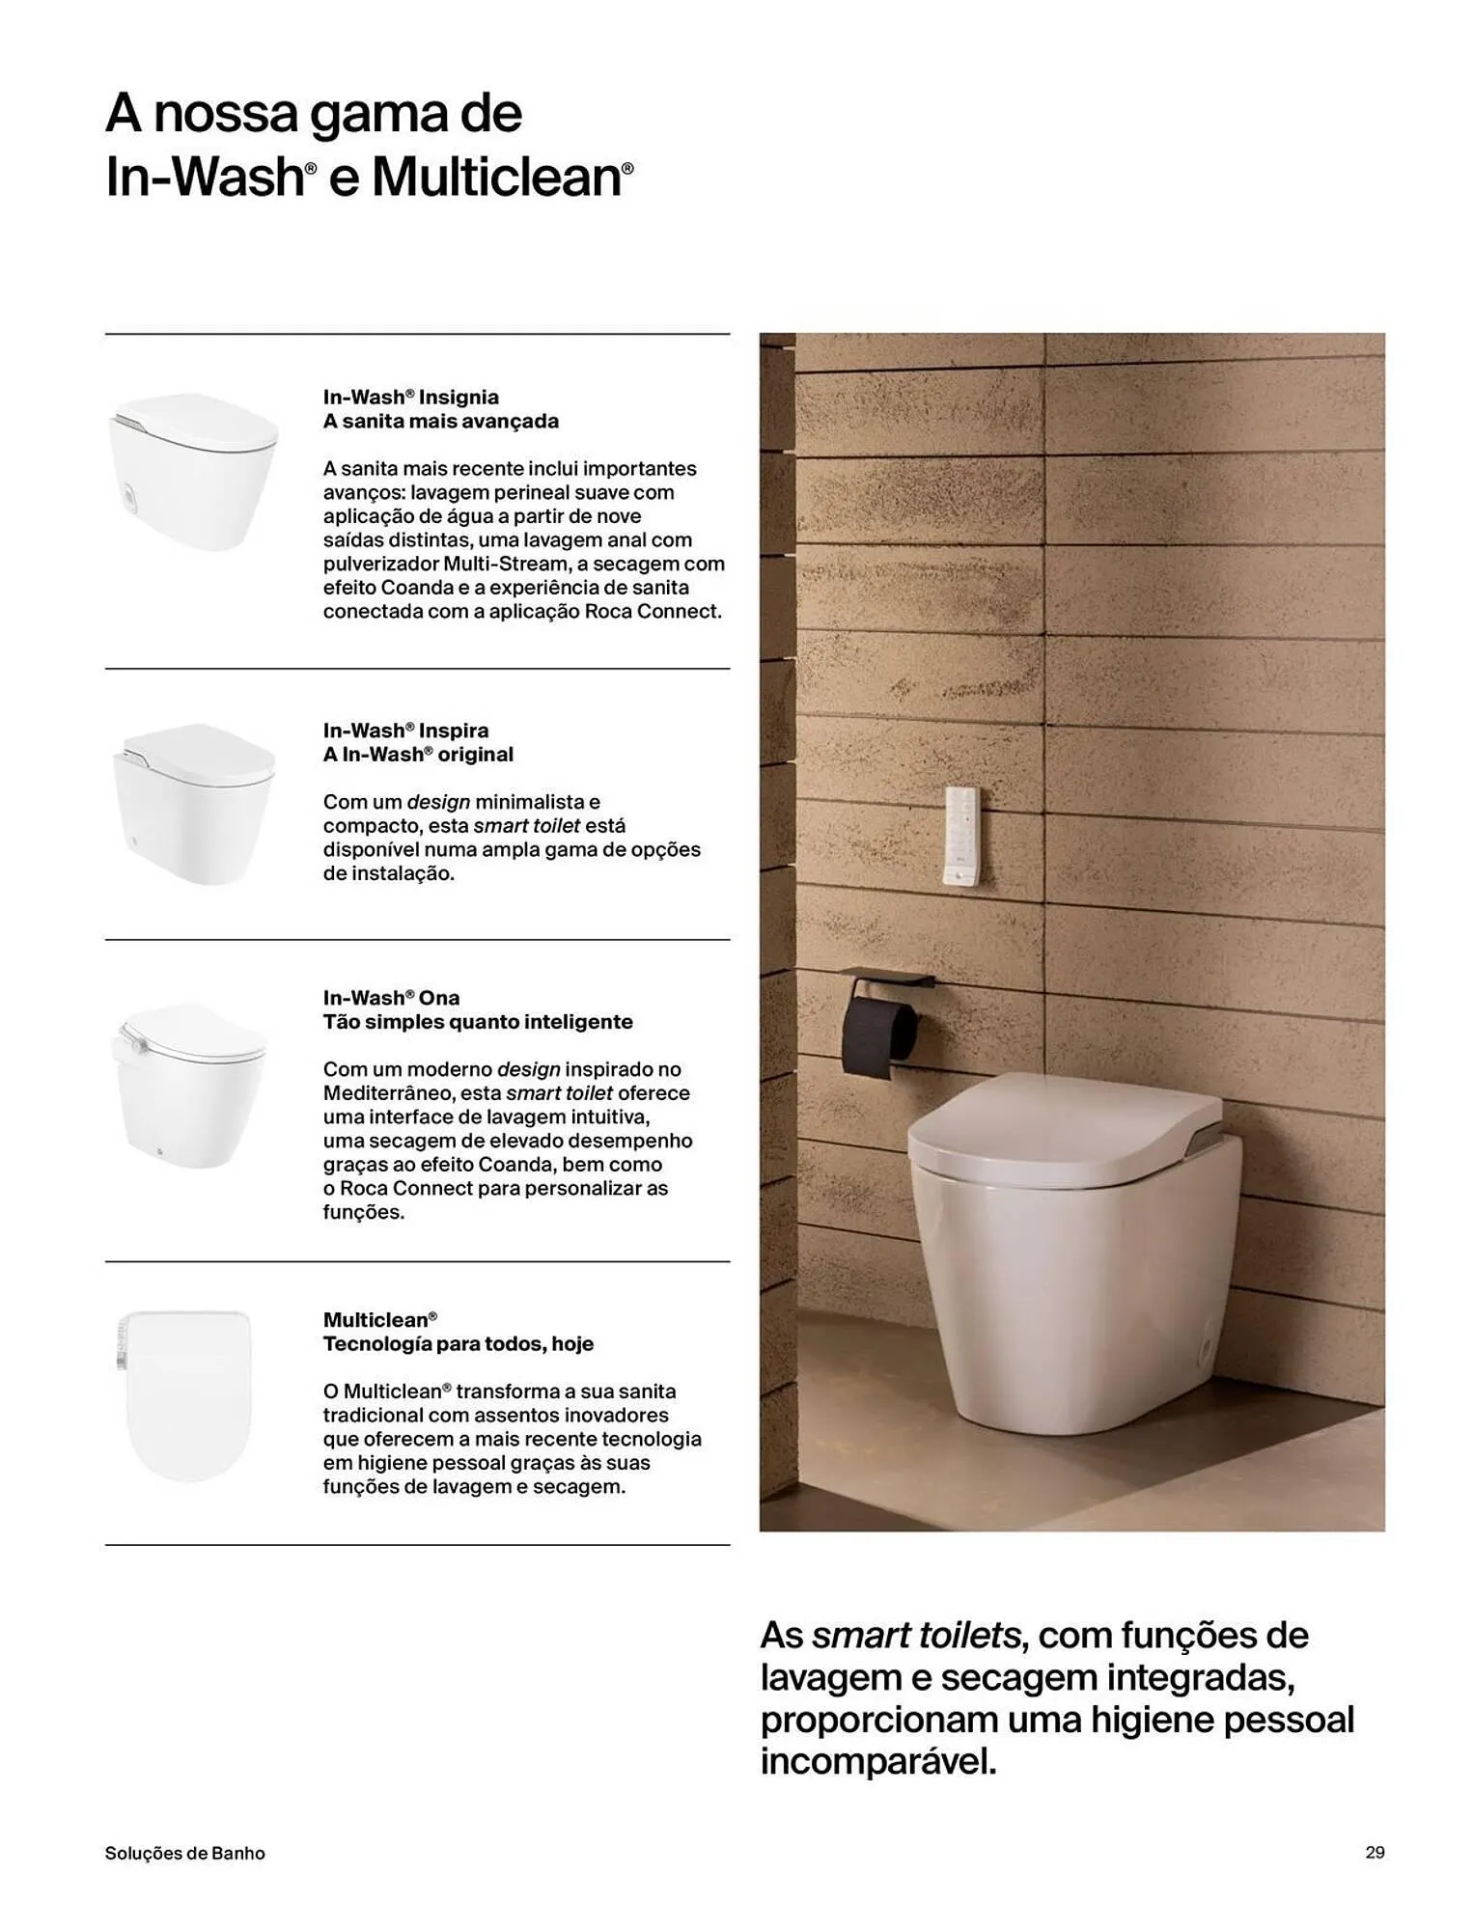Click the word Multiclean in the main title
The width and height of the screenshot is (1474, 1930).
pos(496,178)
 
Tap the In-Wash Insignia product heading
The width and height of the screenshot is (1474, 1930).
pos(410,397)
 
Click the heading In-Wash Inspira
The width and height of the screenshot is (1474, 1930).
pos(405,731)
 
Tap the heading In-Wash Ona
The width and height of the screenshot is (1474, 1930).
pos(391,998)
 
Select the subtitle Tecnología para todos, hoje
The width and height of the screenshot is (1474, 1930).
pos(458,1343)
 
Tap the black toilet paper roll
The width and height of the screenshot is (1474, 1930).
pos(880,1036)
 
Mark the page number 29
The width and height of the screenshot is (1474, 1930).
pos(1375,1852)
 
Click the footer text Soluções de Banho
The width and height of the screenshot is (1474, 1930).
pos(184,1853)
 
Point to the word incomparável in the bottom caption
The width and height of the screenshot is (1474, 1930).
pos(877,1762)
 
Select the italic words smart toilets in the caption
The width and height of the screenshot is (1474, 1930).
pos(915,1636)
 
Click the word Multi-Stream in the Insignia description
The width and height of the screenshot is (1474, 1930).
pos(505,564)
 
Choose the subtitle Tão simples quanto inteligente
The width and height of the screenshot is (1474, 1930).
pos(478,1021)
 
